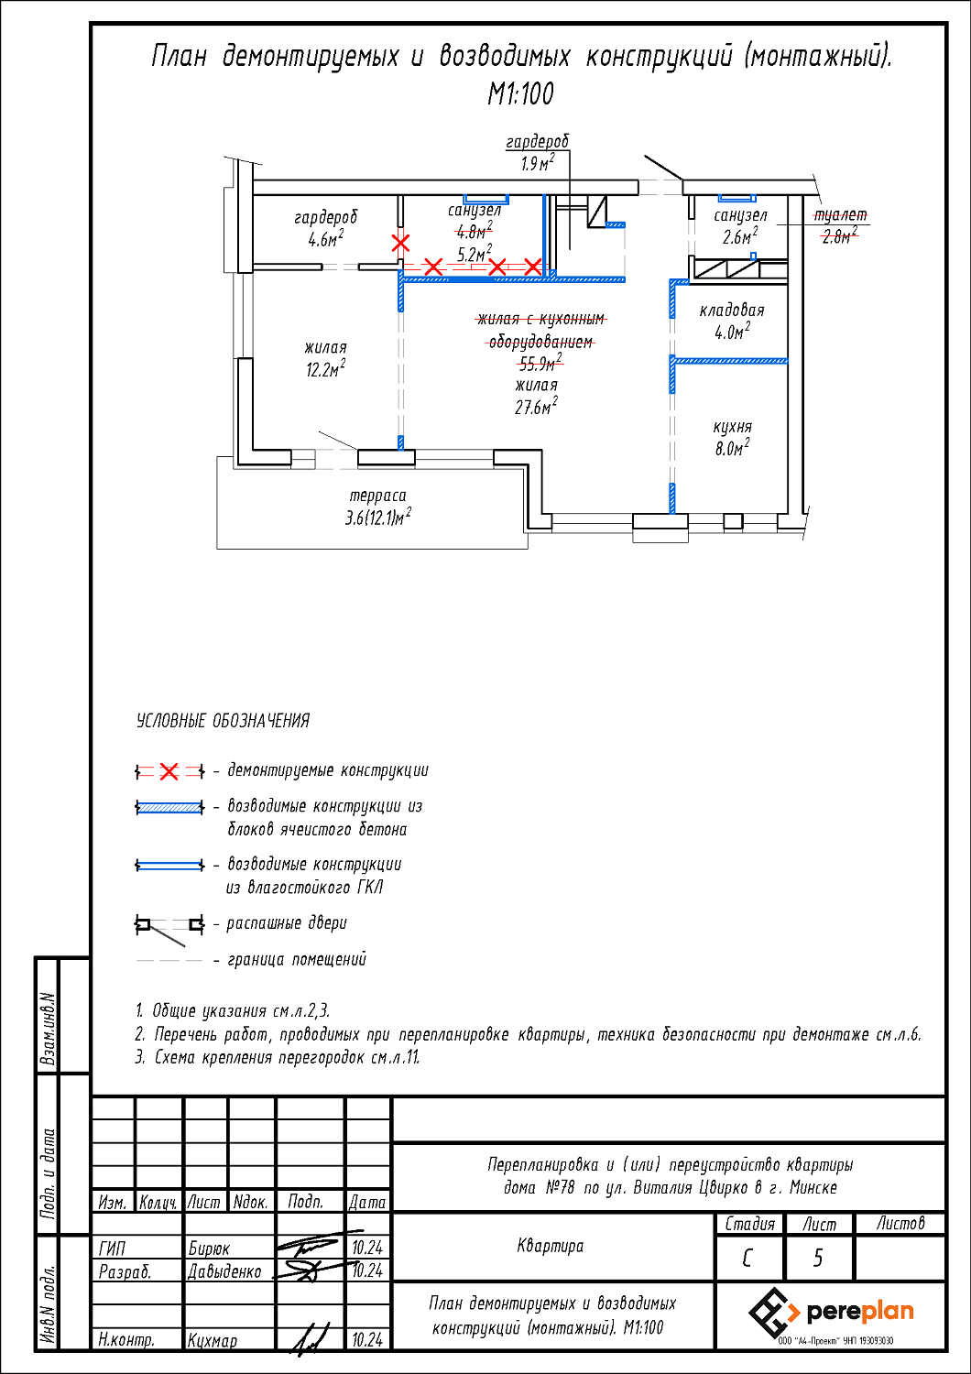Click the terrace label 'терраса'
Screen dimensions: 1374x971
coord(377,496)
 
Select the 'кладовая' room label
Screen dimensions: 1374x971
coord(732,311)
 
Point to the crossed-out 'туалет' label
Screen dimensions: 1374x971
coord(840,215)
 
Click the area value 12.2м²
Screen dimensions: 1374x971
coord(325,370)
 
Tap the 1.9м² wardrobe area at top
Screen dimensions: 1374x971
coord(538,164)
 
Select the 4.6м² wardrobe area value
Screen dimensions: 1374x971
coord(325,240)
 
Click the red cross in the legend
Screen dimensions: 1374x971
coord(169,772)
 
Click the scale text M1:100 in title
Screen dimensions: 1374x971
coord(520,93)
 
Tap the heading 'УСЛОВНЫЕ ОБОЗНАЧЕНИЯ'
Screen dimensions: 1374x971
coord(223,721)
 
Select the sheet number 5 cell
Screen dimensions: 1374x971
coord(818,1259)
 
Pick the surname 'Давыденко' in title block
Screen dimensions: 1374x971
coord(224,1271)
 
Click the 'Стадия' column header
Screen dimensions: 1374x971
coord(749,1224)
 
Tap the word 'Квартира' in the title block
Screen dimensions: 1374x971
coord(550,1246)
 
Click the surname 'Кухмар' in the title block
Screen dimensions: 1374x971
coord(213,1340)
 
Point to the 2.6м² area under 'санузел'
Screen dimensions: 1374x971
coord(739,237)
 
